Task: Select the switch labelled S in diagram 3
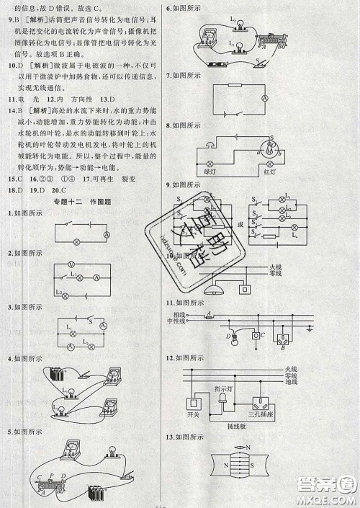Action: (x=89, y=320)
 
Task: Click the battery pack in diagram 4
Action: (x=56, y=375)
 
